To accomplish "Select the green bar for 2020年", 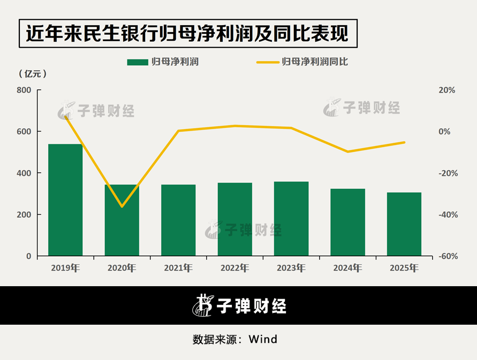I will point(122,220).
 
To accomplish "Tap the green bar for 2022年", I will point(234,219).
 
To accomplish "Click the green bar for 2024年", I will point(347,222).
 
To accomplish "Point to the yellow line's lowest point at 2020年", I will point(122,206).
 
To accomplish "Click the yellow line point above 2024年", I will point(347,151).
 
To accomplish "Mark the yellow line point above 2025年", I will point(404,142).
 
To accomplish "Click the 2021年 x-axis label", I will point(178,268).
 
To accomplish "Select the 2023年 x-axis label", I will point(291,268).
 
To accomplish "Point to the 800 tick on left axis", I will point(24,90).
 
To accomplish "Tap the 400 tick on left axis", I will point(24,173).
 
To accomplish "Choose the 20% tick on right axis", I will point(447,90).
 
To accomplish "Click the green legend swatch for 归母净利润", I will point(137,62).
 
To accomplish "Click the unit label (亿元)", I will point(33,74).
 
